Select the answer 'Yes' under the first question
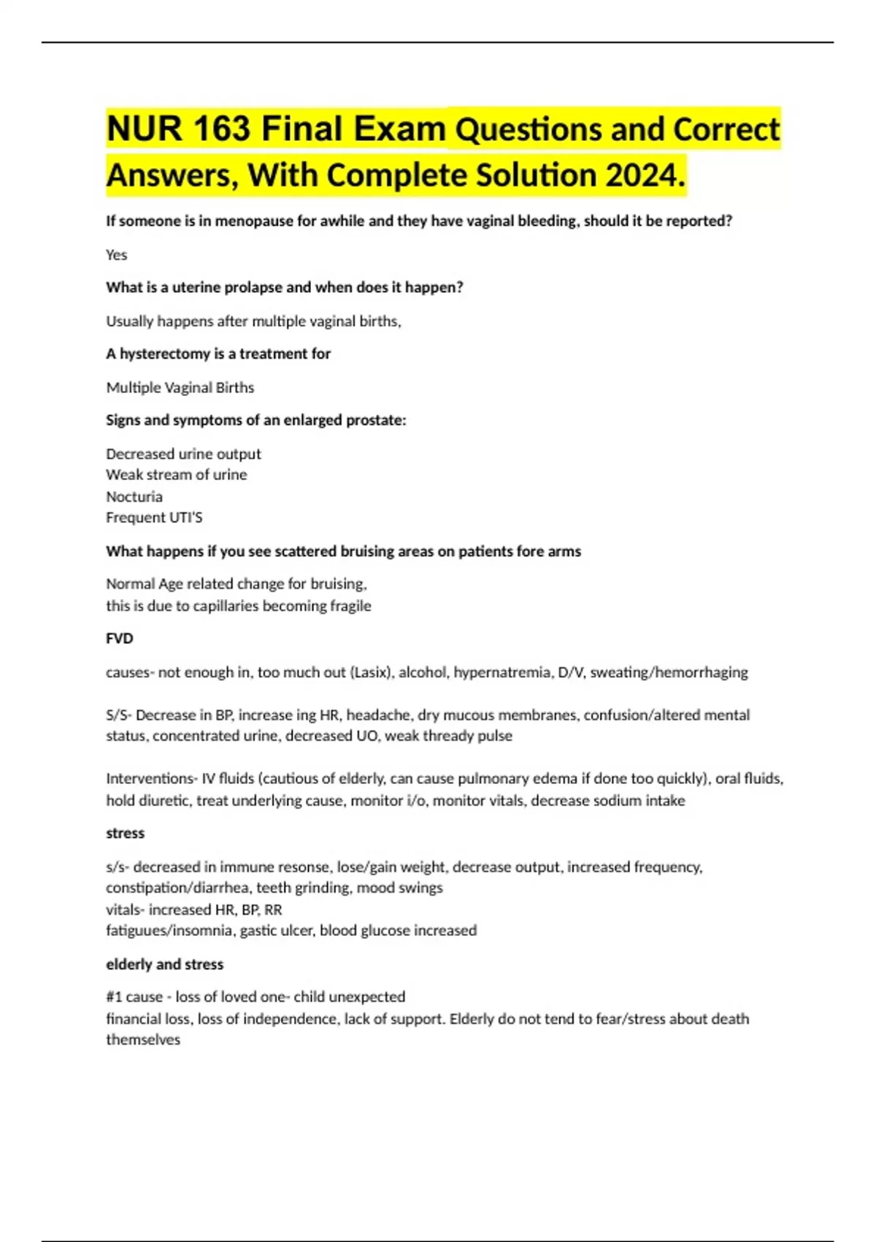[x=117, y=255]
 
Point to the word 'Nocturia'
[x=134, y=497]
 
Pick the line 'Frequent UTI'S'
[x=154, y=518]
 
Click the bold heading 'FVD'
[x=120, y=639]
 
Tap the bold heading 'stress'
[x=125, y=833]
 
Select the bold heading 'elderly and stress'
[x=164, y=964]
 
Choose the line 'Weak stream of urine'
[x=176, y=475]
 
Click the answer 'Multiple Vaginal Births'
[x=180, y=388]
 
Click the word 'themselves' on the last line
[x=143, y=1040]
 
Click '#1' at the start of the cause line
[x=114, y=997]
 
